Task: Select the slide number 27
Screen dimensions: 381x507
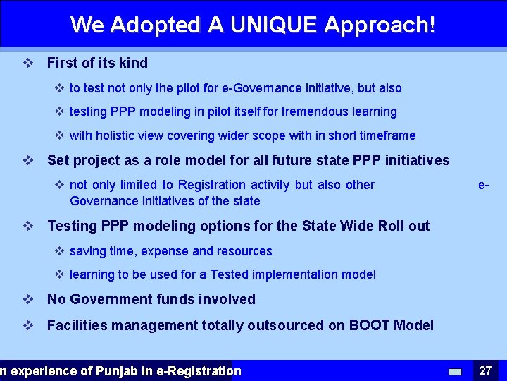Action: (485, 370)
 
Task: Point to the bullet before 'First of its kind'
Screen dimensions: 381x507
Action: (28, 63)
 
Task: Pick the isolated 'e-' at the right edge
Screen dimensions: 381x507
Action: (484, 185)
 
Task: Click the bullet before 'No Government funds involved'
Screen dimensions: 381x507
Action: (28, 299)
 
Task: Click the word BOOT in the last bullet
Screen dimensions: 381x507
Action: (370, 325)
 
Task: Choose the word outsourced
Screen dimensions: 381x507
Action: (275, 325)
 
